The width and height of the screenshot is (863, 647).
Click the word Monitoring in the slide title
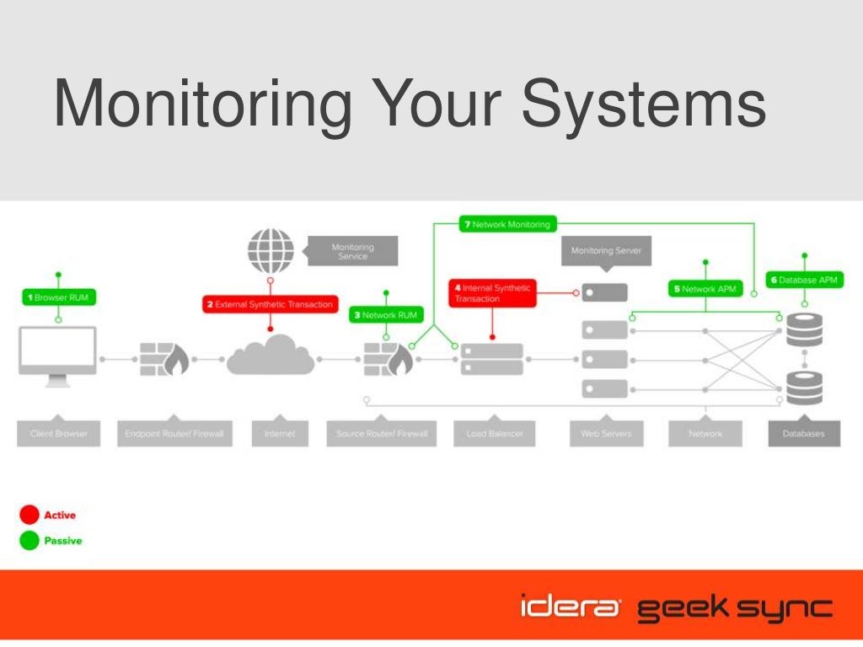[202, 105]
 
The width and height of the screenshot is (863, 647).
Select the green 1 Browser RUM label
[58, 297]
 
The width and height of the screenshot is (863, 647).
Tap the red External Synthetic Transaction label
[270, 304]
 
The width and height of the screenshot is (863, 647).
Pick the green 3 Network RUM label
[384, 315]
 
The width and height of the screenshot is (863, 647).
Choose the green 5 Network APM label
[705, 289]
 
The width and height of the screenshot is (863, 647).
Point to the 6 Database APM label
[804, 280]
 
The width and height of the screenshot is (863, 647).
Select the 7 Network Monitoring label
[507, 225]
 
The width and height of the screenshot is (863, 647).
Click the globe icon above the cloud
[271, 251]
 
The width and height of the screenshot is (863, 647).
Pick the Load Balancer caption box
[495, 434]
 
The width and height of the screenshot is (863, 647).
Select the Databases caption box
[804, 434]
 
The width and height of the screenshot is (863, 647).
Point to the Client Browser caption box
[59, 434]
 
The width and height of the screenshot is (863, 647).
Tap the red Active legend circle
[29, 515]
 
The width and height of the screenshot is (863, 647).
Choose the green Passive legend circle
[29, 541]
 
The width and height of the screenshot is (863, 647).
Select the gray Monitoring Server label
[606, 250]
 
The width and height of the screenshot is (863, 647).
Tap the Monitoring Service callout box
[352, 251]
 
